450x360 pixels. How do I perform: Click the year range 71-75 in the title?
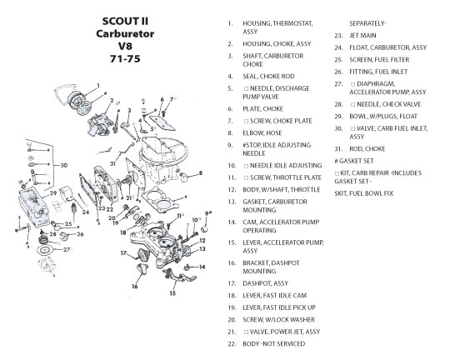(125, 59)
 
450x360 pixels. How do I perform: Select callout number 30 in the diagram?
(63, 165)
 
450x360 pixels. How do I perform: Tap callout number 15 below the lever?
(172, 293)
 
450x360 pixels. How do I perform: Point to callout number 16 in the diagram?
(135, 286)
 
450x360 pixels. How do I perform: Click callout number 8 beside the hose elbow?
(200, 172)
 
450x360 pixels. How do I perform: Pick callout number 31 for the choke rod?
(112, 163)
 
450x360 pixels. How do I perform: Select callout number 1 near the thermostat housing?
(98, 86)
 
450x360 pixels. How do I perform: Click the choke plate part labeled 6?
(162, 122)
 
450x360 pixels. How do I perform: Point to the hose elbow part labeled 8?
(183, 176)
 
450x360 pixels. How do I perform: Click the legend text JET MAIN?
(362, 36)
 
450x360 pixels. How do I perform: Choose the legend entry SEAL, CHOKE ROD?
(268, 77)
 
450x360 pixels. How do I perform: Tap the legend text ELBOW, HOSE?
(262, 133)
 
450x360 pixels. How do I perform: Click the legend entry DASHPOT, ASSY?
(265, 283)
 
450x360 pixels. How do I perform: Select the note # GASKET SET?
(354, 161)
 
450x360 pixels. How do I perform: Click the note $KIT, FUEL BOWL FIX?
(363, 193)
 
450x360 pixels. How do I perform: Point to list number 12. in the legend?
(232, 190)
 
